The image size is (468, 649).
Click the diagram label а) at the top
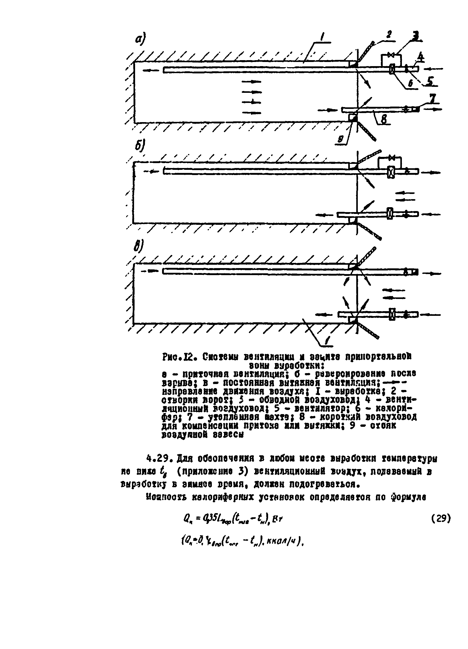pos(140,38)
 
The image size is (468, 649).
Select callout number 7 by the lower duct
pos(432,99)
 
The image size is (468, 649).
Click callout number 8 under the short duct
pos(384,119)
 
